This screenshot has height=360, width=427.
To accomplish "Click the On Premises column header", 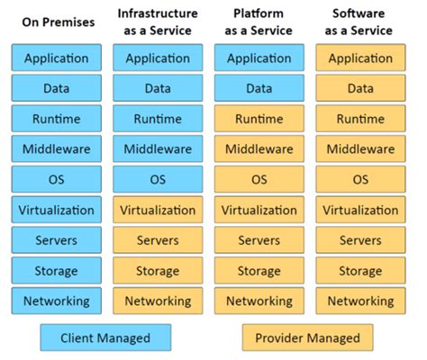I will (56, 22).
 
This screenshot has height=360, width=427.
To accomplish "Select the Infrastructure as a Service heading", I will (157, 22).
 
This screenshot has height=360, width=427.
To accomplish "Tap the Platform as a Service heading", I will (259, 22).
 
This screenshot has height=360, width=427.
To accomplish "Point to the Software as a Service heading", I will (360, 22).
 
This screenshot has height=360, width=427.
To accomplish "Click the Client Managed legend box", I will (105, 338).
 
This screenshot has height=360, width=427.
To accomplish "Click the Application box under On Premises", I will (56, 58).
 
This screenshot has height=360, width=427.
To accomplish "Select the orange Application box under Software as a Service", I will (360, 58).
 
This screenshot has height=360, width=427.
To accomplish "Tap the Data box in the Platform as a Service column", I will (259, 89).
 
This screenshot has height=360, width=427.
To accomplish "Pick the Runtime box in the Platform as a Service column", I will (259, 119).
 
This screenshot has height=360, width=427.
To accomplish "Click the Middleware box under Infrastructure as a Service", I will (157, 149).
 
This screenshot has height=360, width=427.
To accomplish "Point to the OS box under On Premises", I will (56, 180).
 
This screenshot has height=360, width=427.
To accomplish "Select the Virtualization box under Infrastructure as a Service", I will (157, 211).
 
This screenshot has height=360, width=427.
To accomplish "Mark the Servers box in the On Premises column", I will (56, 240).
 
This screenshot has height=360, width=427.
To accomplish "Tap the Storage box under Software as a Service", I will (360, 271).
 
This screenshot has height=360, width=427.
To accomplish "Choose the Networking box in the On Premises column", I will (56, 301).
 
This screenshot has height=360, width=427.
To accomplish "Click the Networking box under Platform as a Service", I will (259, 301).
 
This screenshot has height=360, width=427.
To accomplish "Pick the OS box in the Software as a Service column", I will (360, 180).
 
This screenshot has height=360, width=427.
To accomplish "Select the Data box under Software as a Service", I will (360, 89).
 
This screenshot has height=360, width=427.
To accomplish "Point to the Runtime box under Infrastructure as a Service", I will (157, 119).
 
